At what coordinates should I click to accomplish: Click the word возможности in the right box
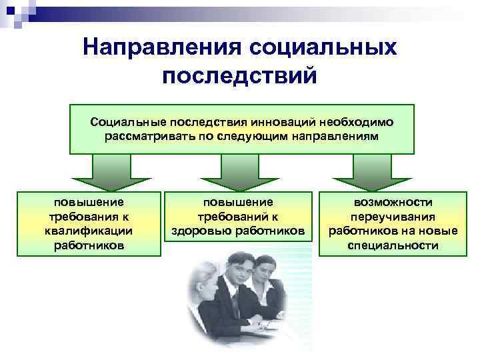[x=393, y=202]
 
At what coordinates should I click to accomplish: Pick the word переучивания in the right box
[x=393, y=216]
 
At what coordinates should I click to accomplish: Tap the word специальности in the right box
[x=393, y=245]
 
